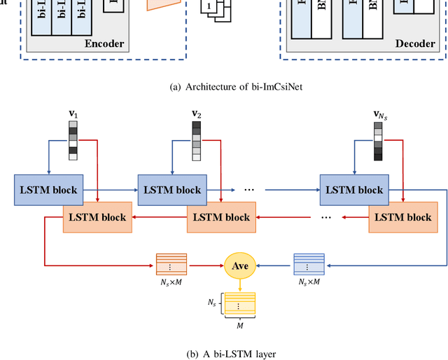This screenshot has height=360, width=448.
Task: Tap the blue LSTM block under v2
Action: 171,190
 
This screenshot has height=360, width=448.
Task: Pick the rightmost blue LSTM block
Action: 351,190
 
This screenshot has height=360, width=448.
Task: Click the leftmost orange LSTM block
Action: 97,217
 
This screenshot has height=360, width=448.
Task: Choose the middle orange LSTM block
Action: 218,217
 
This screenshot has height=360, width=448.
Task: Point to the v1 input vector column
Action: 73,139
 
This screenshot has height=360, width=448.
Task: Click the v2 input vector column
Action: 195,139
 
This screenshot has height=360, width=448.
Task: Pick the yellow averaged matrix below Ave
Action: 241,305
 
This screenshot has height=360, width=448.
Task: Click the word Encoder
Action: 104,43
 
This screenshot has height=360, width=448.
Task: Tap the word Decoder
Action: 415,43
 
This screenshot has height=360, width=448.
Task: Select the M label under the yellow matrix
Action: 241,326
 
